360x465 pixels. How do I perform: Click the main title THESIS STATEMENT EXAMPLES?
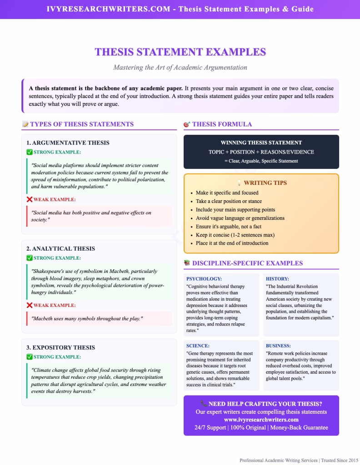pos(180,52)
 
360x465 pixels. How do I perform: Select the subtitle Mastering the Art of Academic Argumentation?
pos(180,68)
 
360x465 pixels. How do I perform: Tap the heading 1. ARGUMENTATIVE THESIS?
pos(68,143)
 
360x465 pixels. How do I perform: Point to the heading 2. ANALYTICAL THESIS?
pos(60,248)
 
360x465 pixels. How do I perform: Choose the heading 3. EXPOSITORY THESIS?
pos(60,347)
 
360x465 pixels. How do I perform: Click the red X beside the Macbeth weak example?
pos(30,305)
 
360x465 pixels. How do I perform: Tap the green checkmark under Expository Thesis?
pos(30,357)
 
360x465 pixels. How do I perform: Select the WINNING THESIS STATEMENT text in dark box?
pos(261,143)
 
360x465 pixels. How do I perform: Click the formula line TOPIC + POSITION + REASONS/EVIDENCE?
pos(261,152)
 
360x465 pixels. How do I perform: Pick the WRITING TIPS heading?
pos(265,183)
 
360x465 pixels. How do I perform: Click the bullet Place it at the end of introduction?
pos(232,243)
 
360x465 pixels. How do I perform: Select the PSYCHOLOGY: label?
pos(204,279)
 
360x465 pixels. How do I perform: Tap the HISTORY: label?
pos(277,279)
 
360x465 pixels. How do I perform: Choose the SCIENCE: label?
pos(198,346)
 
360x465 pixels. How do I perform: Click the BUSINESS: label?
pos(278,346)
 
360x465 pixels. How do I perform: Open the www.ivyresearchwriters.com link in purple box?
pos(261,420)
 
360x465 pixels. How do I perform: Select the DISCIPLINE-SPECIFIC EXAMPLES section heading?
pos(247,263)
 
